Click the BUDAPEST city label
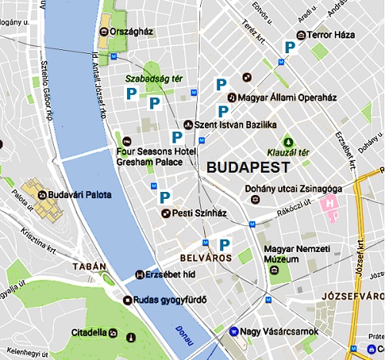click(247, 167)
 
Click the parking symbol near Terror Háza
click(289, 48)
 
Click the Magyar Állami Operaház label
click(298, 97)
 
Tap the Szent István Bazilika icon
click(188, 124)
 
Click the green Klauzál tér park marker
click(289, 142)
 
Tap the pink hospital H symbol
click(331, 203)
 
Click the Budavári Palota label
click(81, 195)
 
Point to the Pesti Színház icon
click(165, 212)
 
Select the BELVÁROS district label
click(205, 258)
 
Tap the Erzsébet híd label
click(166, 274)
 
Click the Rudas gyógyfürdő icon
click(126, 300)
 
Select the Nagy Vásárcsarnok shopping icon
click(233, 331)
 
